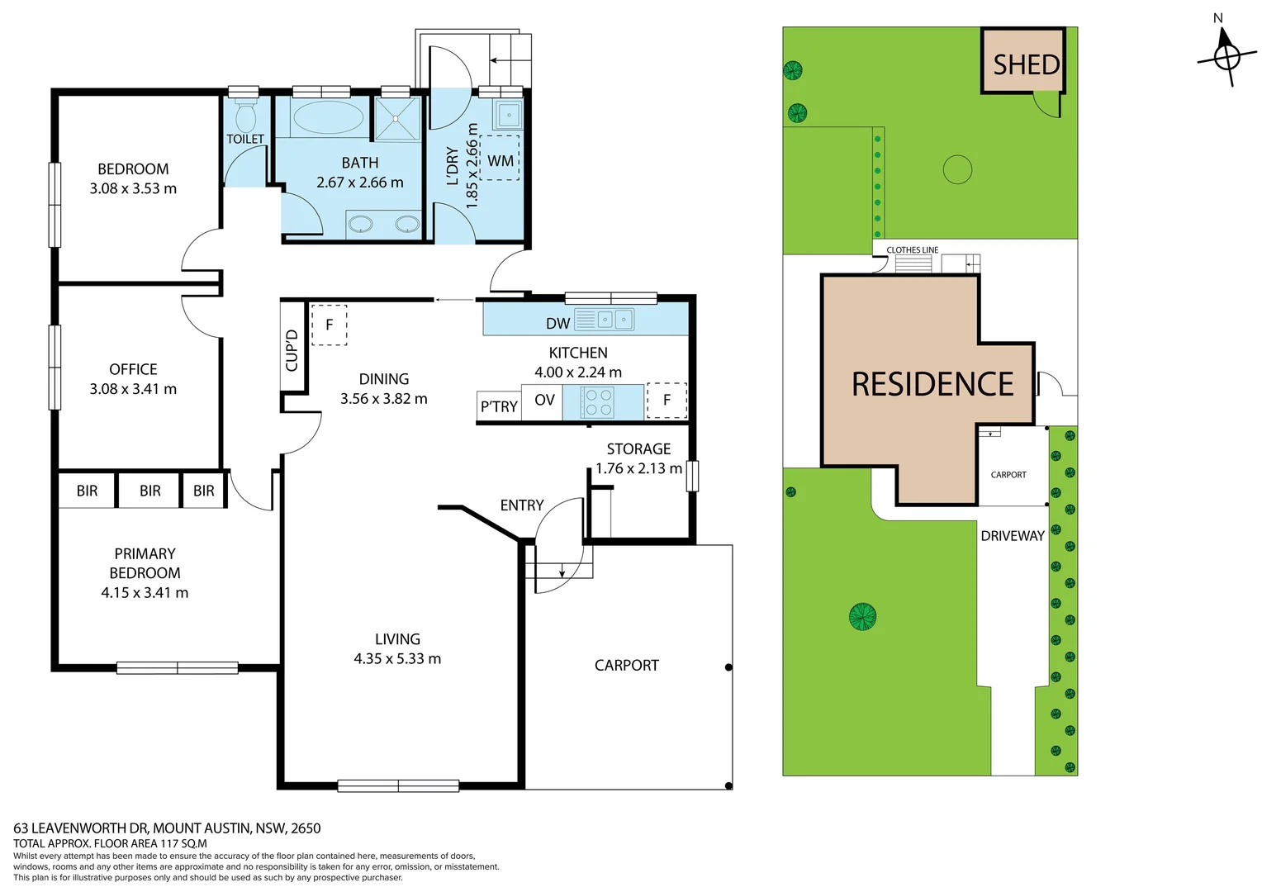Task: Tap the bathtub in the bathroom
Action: (x=329, y=117)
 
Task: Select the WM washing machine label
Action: (x=501, y=160)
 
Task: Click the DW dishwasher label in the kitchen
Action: (x=557, y=323)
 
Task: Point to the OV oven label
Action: (x=544, y=400)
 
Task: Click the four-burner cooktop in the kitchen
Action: (x=599, y=402)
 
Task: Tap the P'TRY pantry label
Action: (x=499, y=406)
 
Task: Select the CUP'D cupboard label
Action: (x=292, y=350)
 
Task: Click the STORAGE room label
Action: (x=638, y=448)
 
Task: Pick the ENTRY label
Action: (x=522, y=505)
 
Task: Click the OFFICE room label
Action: (x=133, y=369)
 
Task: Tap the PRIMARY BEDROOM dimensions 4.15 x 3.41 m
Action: (x=145, y=592)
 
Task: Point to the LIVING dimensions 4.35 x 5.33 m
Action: (x=397, y=658)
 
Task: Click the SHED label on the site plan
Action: (x=1026, y=64)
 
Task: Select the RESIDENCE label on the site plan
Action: (x=932, y=384)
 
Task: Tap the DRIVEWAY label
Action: (x=1013, y=536)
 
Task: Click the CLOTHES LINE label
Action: (x=912, y=249)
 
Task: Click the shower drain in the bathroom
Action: (x=396, y=119)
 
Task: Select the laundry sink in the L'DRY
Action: (x=509, y=115)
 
